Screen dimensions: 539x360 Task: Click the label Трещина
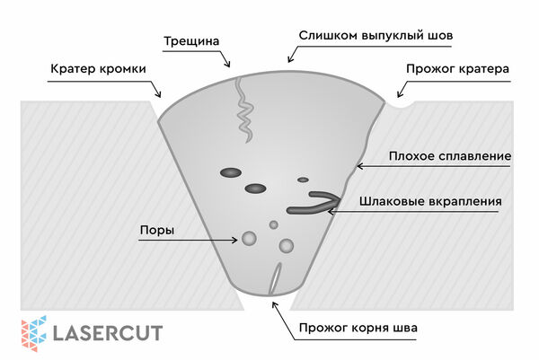click(x=191, y=41)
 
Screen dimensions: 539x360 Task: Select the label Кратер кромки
click(x=98, y=69)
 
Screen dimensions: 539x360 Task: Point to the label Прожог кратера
click(x=457, y=69)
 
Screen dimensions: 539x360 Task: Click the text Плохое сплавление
click(x=450, y=156)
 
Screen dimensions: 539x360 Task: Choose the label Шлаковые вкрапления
click(x=430, y=201)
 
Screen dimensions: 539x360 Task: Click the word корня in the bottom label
click(x=374, y=328)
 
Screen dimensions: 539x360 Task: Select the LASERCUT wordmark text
click(x=108, y=333)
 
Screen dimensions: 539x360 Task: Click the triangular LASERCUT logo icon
click(x=34, y=334)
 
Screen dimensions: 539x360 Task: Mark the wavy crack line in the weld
click(x=244, y=110)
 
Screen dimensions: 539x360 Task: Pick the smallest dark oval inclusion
click(x=303, y=180)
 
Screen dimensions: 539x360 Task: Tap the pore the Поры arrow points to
click(x=249, y=239)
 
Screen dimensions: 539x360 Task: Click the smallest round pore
click(x=274, y=225)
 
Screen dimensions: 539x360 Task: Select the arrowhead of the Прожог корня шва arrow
click(x=274, y=304)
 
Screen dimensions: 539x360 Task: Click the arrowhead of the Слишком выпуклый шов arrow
click(x=290, y=59)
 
